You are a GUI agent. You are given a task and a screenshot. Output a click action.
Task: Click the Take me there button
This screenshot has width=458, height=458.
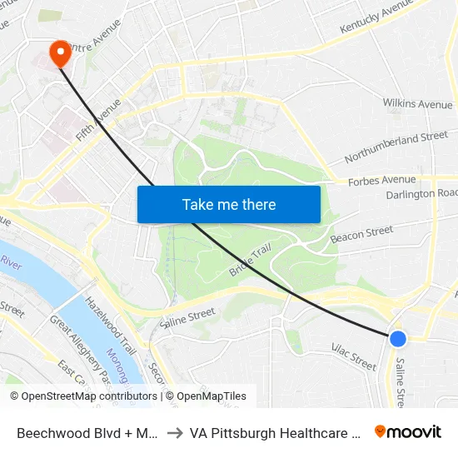click(228, 204)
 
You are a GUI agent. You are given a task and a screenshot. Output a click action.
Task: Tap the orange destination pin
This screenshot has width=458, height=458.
click(60, 54)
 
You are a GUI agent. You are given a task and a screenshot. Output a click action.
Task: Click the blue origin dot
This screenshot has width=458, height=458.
click(398, 338)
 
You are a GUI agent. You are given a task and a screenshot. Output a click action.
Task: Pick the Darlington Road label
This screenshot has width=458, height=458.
click(422, 194)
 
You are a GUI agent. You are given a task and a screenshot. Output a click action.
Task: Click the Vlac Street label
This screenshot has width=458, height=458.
click(354, 356)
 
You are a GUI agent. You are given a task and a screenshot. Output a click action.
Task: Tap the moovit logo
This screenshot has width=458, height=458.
click(408, 431)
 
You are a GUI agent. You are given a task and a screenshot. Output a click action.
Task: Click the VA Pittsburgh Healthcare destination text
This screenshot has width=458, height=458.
click(275, 432)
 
